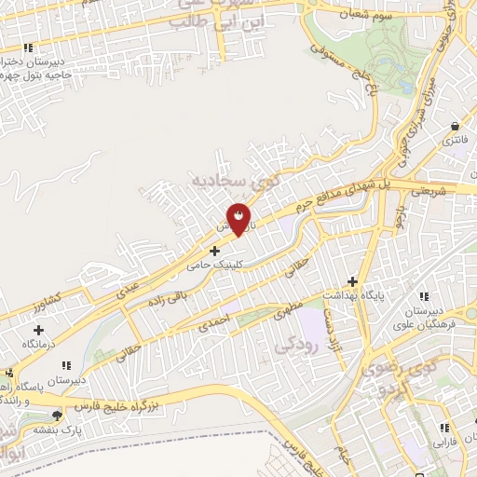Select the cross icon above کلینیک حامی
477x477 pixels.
point(215,250)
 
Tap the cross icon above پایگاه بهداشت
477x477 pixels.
point(352,280)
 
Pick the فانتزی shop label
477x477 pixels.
point(455,140)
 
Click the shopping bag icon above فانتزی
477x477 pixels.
point(455,126)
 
